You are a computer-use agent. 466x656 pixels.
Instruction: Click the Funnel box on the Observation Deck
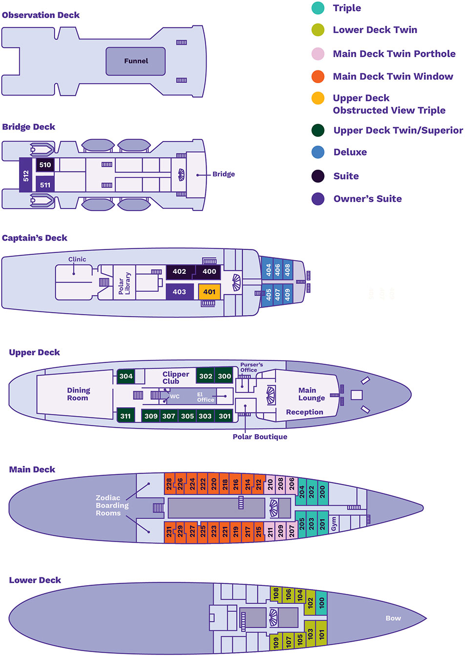point(136,61)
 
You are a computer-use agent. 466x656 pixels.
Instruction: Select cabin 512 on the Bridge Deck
point(26,175)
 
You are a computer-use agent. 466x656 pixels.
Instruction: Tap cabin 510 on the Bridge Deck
point(45,165)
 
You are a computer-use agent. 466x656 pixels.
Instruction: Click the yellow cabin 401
point(209,292)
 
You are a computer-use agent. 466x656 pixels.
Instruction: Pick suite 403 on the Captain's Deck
point(179,292)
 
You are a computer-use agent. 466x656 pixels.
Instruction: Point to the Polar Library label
point(125,283)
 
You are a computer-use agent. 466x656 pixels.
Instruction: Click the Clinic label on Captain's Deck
point(77,260)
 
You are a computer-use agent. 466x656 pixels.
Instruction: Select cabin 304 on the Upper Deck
point(126,376)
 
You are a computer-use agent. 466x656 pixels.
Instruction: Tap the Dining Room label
point(78,394)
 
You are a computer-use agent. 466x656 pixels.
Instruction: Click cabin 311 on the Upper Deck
point(126,416)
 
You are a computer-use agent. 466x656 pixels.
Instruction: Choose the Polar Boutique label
point(260,437)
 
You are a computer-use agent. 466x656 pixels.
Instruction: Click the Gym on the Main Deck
point(334,523)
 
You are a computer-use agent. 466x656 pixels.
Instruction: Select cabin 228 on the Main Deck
point(169,484)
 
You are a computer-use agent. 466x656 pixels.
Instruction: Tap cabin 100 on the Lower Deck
point(321,603)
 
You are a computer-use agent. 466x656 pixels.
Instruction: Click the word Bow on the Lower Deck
point(393,618)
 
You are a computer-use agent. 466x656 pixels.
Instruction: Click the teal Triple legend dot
point(318,8)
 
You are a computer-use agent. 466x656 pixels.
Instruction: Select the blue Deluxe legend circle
point(318,152)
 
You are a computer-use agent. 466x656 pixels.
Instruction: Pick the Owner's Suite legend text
point(367,199)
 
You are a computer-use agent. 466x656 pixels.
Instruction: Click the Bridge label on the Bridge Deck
point(224,174)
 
